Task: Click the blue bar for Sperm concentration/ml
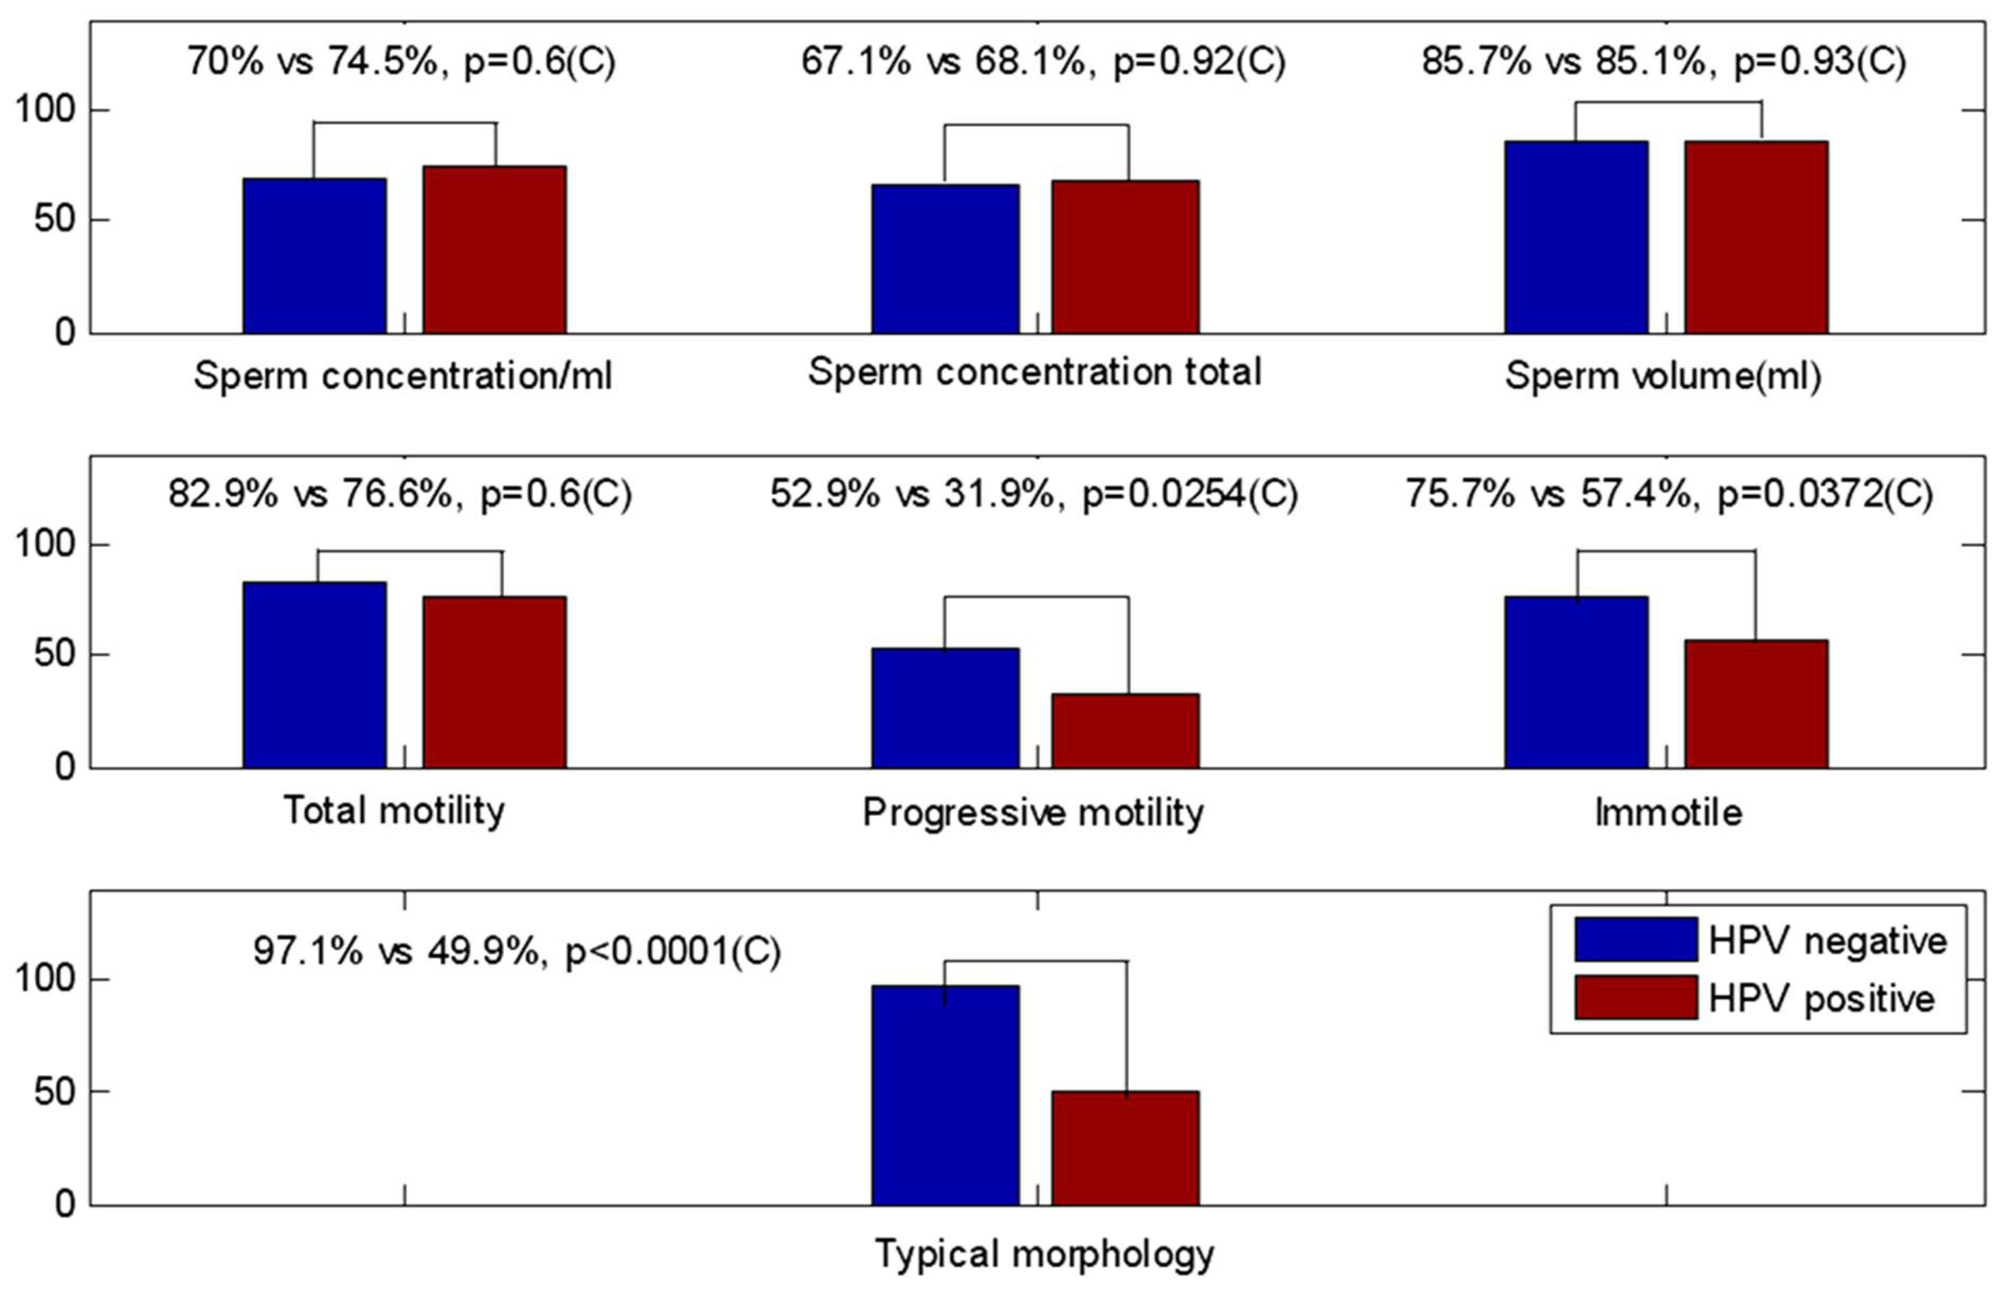[314, 256]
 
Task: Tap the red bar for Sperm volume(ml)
[1755, 237]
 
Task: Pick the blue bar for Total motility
[314, 675]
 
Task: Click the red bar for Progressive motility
[1125, 730]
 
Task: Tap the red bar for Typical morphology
[1125, 1148]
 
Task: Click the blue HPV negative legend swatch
[1635, 939]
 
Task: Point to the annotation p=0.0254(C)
[1189, 494]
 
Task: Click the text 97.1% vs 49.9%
[395, 951]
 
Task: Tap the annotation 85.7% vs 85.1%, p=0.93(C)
[1663, 61]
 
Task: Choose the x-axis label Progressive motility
[1033, 812]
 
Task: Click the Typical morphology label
[1044, 1254]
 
